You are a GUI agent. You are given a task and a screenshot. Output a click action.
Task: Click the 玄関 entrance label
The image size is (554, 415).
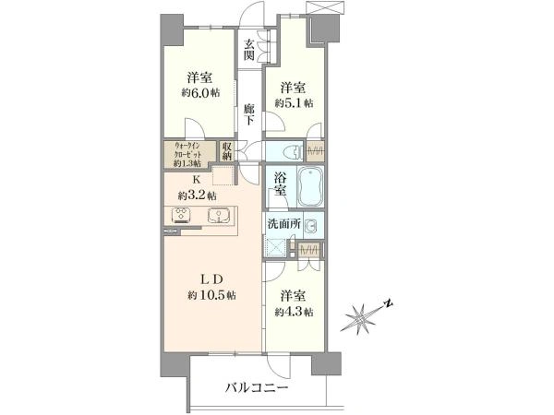pyautogui.click(x=249, y=50)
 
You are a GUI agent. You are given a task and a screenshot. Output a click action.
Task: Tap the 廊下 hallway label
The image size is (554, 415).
pyautogui.click(x=249, y=114)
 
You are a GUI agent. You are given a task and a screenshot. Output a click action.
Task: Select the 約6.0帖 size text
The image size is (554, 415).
pyautogui.click(x=200, y=93)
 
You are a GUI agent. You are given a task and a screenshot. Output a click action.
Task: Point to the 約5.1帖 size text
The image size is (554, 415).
pyautogui.click(x=294, y=103)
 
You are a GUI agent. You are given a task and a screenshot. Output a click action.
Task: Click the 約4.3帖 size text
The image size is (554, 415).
pyautogui.click(x=294, y=313)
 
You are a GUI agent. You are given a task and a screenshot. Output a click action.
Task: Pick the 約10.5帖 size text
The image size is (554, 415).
pyautogui.click(x=211, y=295)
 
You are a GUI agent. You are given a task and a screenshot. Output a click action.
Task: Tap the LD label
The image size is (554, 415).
pyautogui.click(x=211, y=279)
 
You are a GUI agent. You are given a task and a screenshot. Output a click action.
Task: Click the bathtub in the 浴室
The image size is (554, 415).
pyautogui.click(x=310, y=187)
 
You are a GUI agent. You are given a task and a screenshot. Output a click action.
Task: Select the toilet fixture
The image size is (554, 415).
pyautogui.click(x=293, y=152)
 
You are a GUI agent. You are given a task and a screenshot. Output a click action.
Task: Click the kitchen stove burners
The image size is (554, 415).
pyautogui.click(x=181, y=215)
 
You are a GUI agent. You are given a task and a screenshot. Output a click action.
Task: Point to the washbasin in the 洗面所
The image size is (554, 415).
pyautogui.click(x=310, y=225)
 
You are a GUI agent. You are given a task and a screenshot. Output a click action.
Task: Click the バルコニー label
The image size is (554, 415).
pyautogui.click(x=257, y=388)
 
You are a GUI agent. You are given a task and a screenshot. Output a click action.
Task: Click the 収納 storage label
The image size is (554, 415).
pyautogui.click(x=227, y=151)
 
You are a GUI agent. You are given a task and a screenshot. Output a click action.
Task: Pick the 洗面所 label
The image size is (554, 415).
pyautogui.click(x=284, y=224)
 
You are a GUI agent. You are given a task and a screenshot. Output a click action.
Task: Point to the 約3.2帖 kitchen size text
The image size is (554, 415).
pyautogui.click(x=198, y=196)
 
